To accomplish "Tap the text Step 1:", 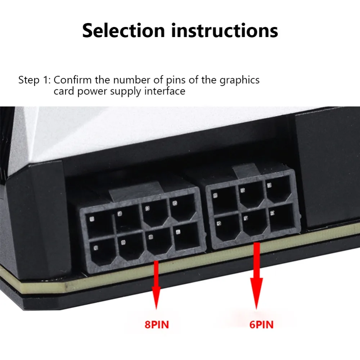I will [x=35, y=80].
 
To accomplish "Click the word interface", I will [x=165, y=91].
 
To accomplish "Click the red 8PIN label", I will [x=157, y=325].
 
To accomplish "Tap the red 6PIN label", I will [x=261, y=325].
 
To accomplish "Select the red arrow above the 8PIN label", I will [x=156, y=284].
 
